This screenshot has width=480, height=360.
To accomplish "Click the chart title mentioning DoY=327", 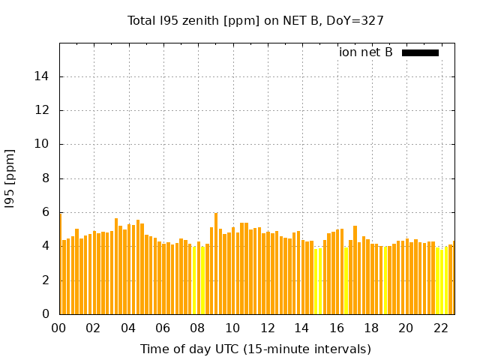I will tap(256, 20).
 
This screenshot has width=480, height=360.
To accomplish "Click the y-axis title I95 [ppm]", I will tap(10, 178).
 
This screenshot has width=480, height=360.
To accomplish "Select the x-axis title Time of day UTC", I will tap(256, 349).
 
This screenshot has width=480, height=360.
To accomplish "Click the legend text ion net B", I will tap(366, 52).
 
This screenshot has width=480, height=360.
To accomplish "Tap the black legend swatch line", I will tap(420, 52).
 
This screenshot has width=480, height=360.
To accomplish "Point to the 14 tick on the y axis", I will tap(43, 76).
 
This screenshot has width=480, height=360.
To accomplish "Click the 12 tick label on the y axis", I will tap(43, 110).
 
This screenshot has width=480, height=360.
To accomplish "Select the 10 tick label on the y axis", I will tap(43, 144).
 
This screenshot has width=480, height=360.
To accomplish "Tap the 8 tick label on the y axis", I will tap(46, 178).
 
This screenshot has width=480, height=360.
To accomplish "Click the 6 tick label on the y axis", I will tap(46, 212).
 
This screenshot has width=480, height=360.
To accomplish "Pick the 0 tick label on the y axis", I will tap(46, 314).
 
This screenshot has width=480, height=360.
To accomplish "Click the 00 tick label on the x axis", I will tap(59, 328).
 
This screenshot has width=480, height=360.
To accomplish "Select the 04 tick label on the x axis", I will tap(128, 328).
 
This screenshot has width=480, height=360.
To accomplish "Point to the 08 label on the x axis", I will tap(197, 328).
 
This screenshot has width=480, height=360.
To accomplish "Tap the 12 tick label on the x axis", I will tap(267, 328).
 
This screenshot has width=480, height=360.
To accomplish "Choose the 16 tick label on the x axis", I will tap(336, 328).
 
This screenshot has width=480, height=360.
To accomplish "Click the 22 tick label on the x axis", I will tap(440, 328).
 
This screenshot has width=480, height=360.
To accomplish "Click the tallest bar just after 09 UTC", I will tap(216, 262).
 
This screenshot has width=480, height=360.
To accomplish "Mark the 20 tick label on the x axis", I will tap(406, 328).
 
